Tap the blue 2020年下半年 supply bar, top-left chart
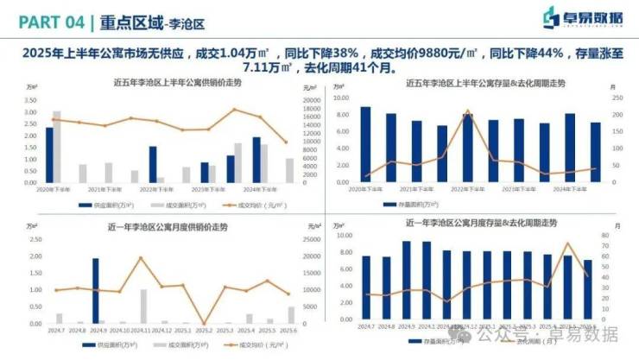pyautogui.click(x=49, y=155)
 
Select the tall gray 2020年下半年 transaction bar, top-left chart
pyautogui.click(x=57, y=146)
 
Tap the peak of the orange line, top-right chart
pyautogui.click(x=467, y=111)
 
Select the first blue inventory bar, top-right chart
pyautogui.click(x=365, y=144)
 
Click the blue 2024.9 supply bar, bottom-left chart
pyautogui.click(x=95, y=290)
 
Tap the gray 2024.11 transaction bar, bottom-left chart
pyautogui.click(x=143, y=305)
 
